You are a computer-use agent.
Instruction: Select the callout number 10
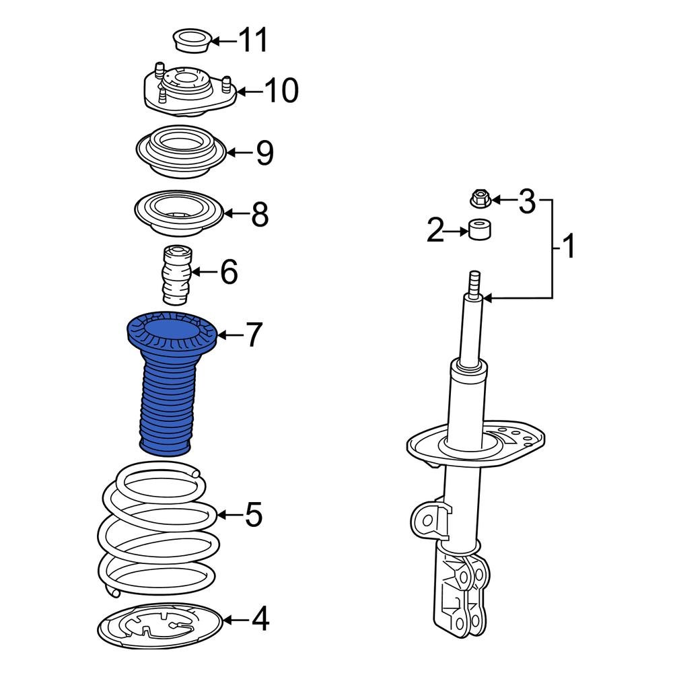tap(281, 90)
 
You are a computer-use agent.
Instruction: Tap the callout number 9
tap(264, 153)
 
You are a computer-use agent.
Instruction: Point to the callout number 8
tap(259, 215)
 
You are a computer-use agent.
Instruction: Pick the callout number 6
tap(229, 273)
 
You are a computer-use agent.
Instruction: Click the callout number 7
tap(252, 334)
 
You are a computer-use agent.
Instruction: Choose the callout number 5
tap(253, 516)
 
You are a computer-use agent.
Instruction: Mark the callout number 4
tap(260, 619)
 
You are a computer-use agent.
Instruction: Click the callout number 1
tap(569, 247)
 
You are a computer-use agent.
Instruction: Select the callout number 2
tap(436, 232)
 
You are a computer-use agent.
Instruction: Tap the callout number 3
tap(526, 200)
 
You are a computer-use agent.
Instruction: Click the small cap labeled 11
tap(192, 40)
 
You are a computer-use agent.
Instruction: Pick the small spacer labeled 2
tap(479, 229)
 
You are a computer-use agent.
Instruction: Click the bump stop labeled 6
tap(176, 276)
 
